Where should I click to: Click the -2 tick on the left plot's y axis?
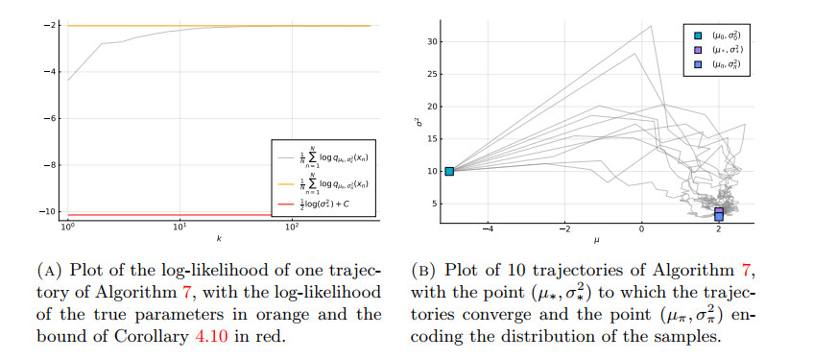pos(54,25)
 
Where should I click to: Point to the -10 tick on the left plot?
pos(52,210)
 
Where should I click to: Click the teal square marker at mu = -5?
pos(448,171)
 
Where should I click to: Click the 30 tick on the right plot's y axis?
pos(433,41)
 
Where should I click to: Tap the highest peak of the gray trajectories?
pos(652,26)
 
